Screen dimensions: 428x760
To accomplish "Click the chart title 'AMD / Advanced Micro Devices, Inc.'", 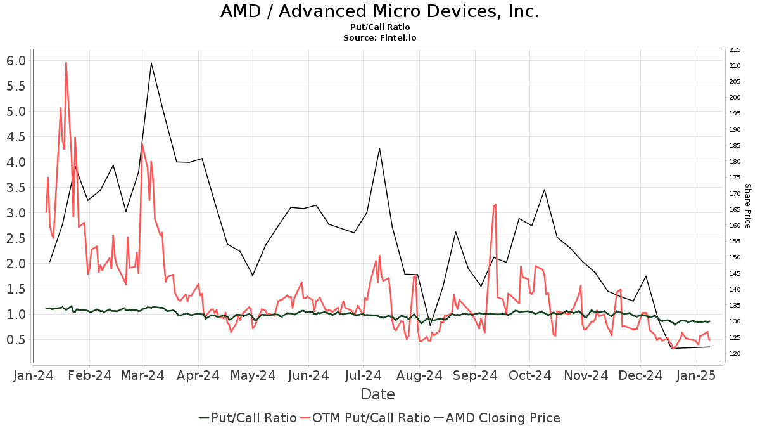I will click(380, 11).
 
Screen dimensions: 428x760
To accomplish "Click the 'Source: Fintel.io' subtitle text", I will click(380, 38).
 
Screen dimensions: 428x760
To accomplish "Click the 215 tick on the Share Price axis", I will click(735, 50).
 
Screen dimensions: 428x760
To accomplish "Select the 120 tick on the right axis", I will click(735, 353).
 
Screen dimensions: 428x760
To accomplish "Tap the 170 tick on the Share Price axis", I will click(735, 193).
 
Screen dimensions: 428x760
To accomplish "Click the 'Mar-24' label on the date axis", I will click(142, 376).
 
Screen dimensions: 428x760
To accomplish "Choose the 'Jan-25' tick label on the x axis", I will click(697, 376).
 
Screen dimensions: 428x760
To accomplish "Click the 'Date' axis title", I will click(377, 394).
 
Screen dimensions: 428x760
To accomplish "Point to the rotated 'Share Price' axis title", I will click(747, 206).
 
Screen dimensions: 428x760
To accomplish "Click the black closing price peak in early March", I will click(151, 63).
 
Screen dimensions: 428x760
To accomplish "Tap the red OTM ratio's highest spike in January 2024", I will click(66, 62).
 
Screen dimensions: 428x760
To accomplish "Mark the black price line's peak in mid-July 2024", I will click(379, 148).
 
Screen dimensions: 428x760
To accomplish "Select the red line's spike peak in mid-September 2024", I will click(495, 204).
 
